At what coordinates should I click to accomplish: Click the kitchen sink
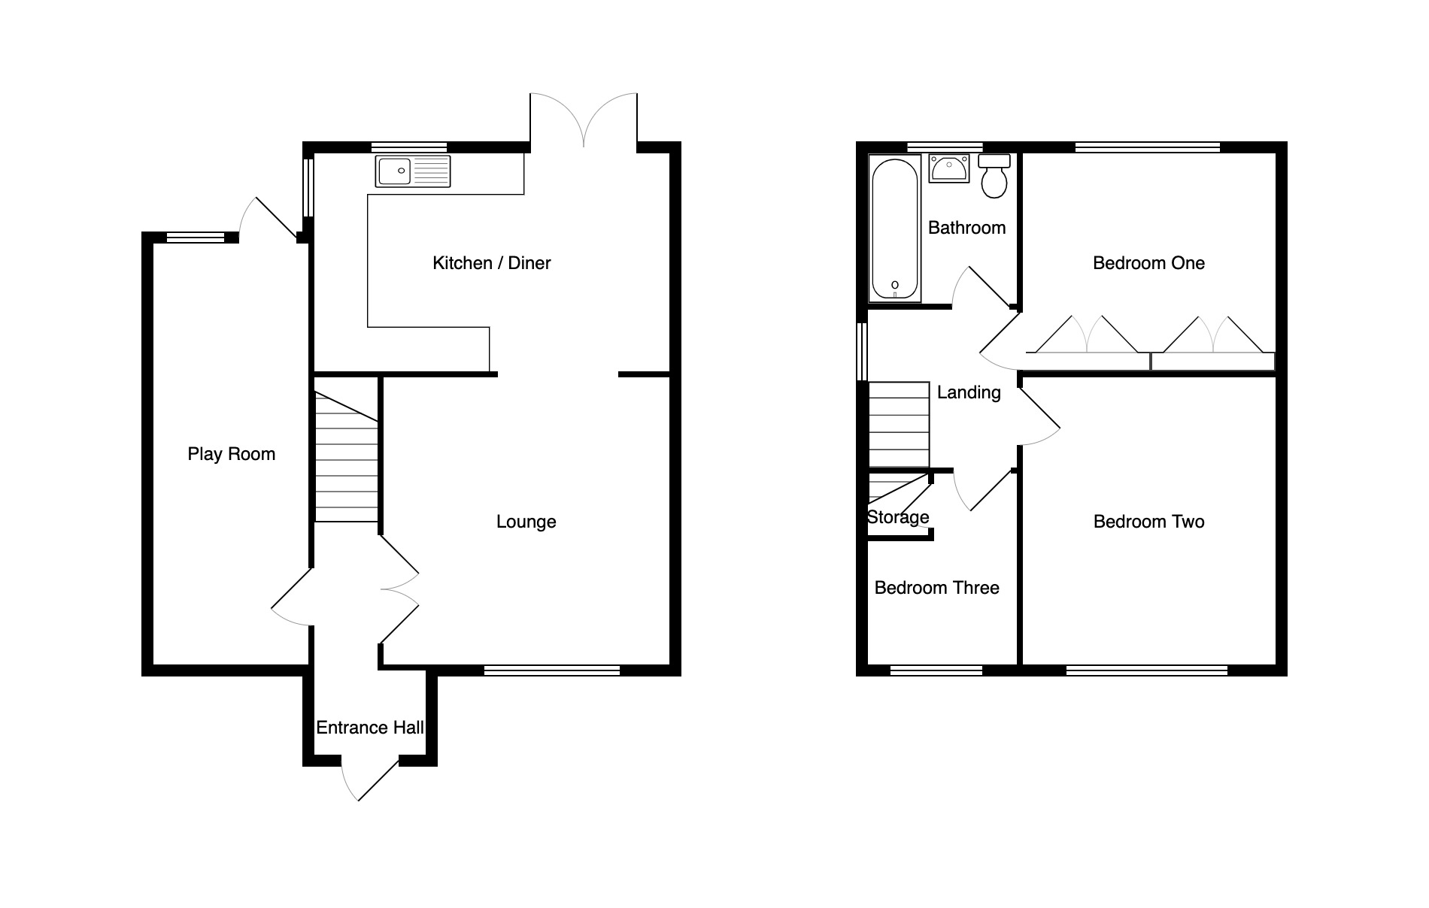[413, 171]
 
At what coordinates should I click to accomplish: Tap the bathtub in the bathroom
[895, 229]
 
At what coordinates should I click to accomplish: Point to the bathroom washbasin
[949, 168]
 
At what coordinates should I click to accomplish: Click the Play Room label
[232, 454]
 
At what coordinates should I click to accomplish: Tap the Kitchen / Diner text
[492, 263]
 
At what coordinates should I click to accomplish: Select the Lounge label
[526, 522]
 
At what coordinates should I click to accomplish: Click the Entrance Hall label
[370, 728]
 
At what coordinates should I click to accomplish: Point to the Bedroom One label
[1148, 263]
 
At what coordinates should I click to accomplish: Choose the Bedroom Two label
[1149, 522]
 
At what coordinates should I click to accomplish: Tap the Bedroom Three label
[937, 588]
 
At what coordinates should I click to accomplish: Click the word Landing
[969, 392]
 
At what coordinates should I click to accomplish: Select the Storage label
[898, 517]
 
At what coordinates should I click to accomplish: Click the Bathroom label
[967, 228]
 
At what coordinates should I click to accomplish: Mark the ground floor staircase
[346, 456]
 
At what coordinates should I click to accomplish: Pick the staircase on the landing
[899, 425]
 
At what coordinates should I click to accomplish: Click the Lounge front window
[552, 670]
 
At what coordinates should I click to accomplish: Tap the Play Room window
[196, 238]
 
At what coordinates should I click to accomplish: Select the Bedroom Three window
[936, 670]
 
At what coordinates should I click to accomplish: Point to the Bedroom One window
[1148, 147]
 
